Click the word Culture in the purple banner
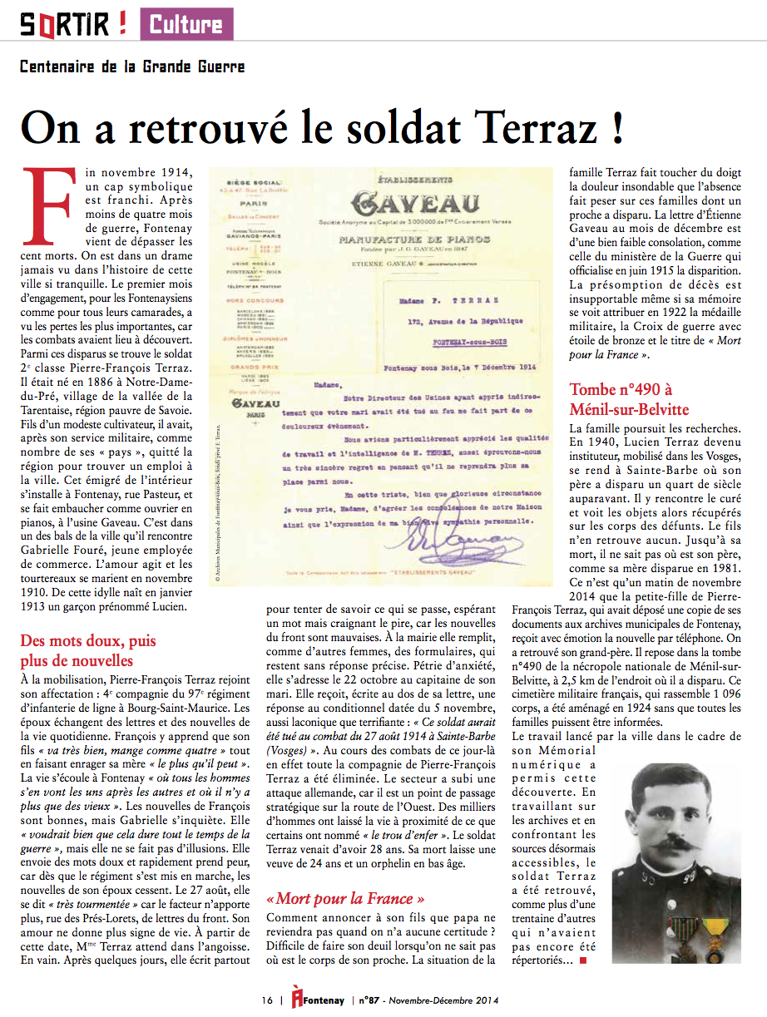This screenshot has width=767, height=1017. (186, 24)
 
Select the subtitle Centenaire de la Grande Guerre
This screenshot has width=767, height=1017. (132, 67)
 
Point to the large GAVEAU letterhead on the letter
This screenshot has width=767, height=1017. (415, 205)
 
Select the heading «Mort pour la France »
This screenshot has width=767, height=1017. (345, 898)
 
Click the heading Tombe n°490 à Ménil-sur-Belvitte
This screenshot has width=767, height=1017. (629, 399)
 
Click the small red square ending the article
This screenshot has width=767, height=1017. (582, 961)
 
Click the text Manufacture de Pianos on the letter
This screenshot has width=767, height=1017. (415, 239)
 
